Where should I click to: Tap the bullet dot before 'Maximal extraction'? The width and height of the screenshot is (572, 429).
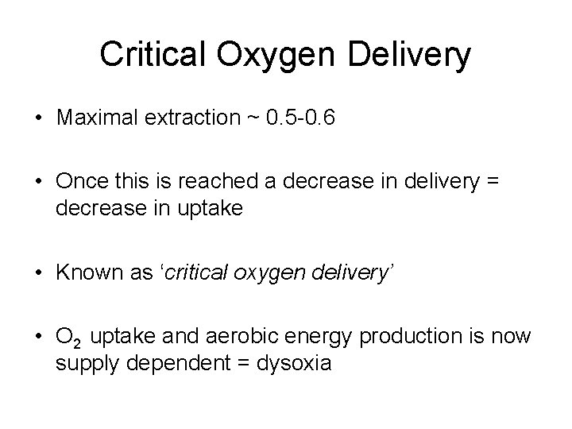click(39, 119)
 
